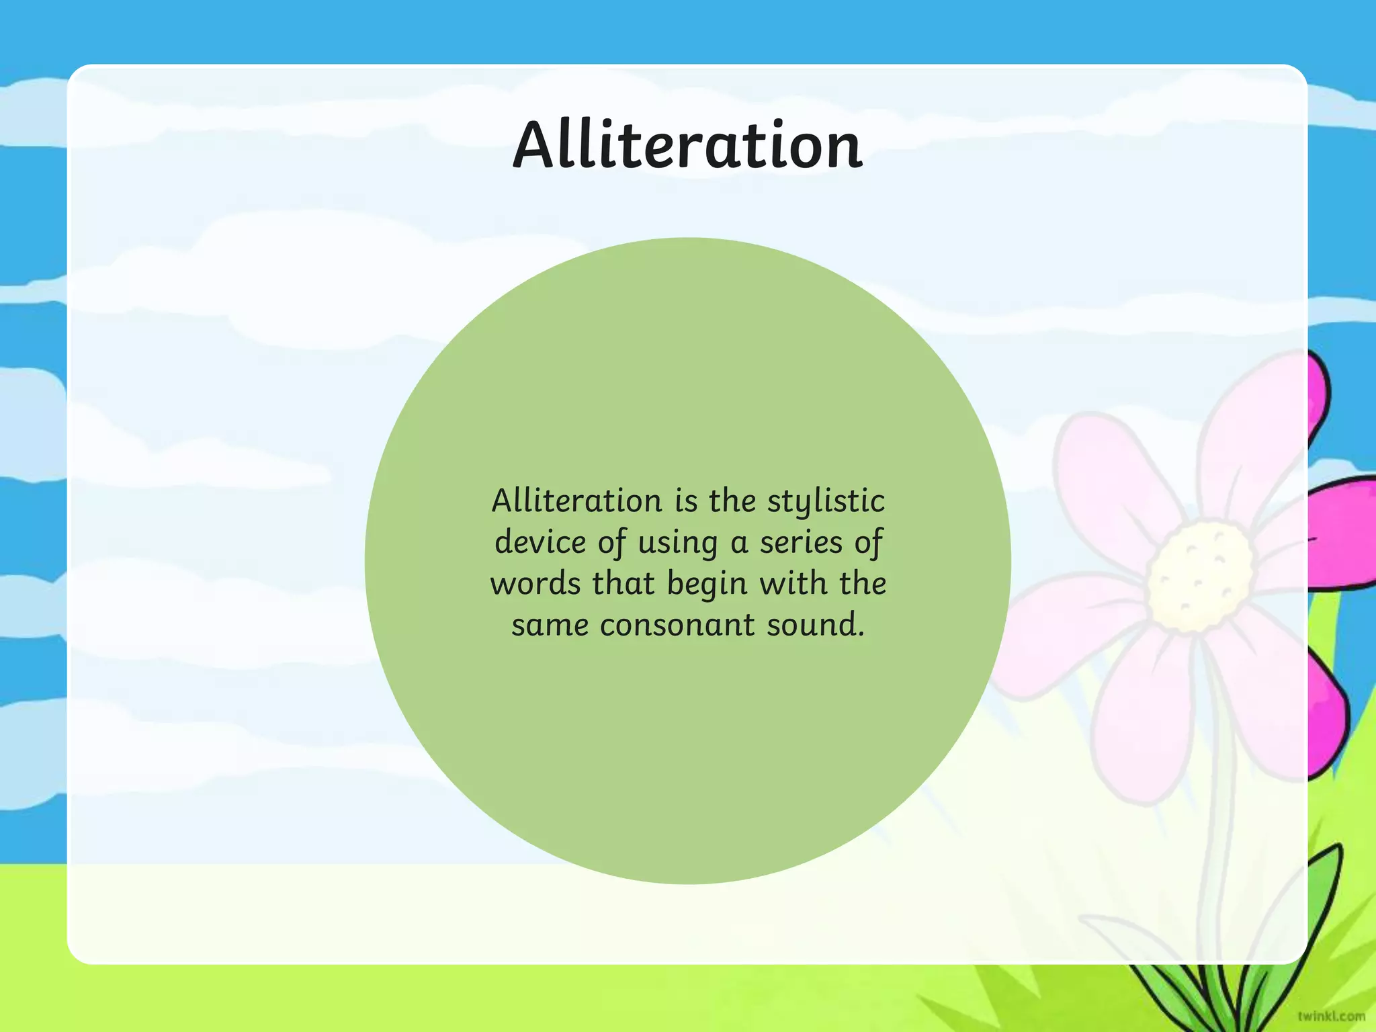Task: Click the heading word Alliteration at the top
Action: (687, 145)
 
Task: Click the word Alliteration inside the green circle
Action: (576, 501)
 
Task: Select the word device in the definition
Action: (540, 542)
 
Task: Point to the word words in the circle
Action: (535, 583)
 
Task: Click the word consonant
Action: (677, 625)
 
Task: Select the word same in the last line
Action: (550, 625)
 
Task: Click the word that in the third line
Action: (623, 583)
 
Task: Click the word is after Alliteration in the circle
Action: (686, 501)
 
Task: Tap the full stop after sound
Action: (861, 635)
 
